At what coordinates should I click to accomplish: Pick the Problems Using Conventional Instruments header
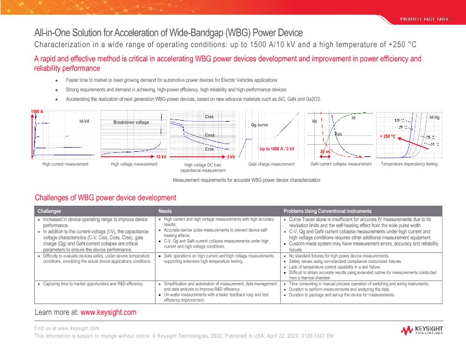point(327,211)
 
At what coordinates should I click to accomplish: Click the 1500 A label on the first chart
point(38,112)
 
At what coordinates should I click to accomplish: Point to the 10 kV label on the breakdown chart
point(161,157)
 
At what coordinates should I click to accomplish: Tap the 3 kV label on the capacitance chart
point(231,157)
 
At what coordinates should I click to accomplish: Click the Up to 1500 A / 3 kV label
point(277,149)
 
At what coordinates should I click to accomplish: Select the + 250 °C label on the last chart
point(386,136)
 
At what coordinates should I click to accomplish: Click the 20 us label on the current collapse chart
point(325,152)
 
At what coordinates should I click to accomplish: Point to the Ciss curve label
point(209,118)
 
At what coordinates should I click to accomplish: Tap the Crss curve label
point(209,149)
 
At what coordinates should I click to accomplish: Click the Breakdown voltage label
point(131,122)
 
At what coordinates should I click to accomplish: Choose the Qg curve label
point(259,125)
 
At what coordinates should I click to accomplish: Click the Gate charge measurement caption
point(271,164)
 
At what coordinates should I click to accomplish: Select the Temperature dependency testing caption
point(410,164)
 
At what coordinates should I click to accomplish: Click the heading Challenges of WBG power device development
point(105,198)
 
